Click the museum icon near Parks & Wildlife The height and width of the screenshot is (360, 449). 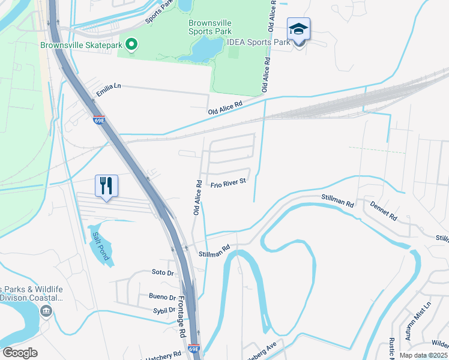pos(46,311)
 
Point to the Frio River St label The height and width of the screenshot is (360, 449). pos(228,182)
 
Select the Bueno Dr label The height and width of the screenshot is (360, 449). pos(163,297)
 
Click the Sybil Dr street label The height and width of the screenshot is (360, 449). pos(164,311)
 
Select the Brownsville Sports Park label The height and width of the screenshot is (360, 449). pos(210,27)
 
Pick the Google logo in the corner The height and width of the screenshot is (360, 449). pos(20,353)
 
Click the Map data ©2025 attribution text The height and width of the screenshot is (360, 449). pos(423,355)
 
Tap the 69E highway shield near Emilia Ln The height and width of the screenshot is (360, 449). pos(99,121)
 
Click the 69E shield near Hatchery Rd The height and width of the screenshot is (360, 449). pos(193,348)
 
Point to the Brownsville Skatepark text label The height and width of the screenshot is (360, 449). pos(77,45)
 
